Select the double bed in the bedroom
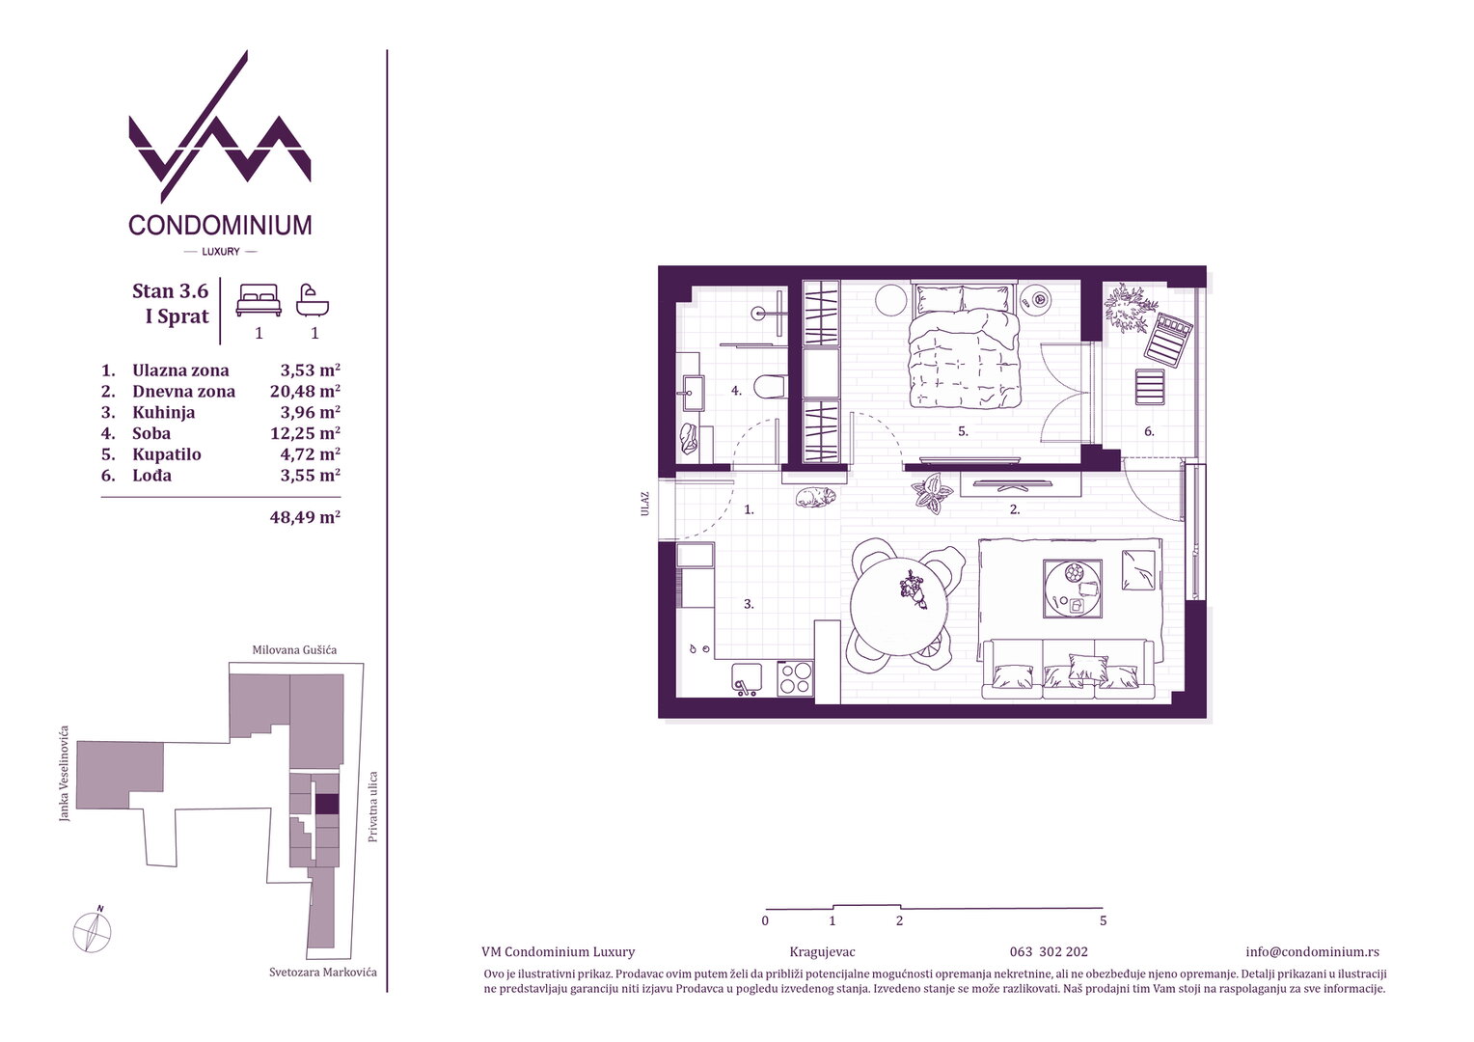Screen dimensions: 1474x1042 point(963,345)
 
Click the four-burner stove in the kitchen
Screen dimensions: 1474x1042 point(795,678)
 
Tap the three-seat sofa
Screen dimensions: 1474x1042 point(1068,670)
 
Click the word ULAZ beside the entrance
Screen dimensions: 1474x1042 point(644,504)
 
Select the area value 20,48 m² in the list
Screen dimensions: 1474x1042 point(305,391)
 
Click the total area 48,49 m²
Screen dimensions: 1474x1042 point(305,517)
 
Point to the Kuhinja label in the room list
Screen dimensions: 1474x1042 point(164,413)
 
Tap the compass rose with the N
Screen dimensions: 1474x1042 point(93,931)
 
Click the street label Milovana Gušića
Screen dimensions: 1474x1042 point(295,649)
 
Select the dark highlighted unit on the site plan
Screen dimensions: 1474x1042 point(327,805)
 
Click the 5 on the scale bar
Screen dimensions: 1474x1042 point(1104,920)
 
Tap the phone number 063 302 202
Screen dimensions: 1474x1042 point(1049,952)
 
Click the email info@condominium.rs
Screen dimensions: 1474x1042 point(1312,952)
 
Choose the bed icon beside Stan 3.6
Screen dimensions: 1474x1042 point(259,299)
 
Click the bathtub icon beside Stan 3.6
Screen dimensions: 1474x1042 point(313,300)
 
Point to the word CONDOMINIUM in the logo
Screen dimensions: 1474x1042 point(221,225)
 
